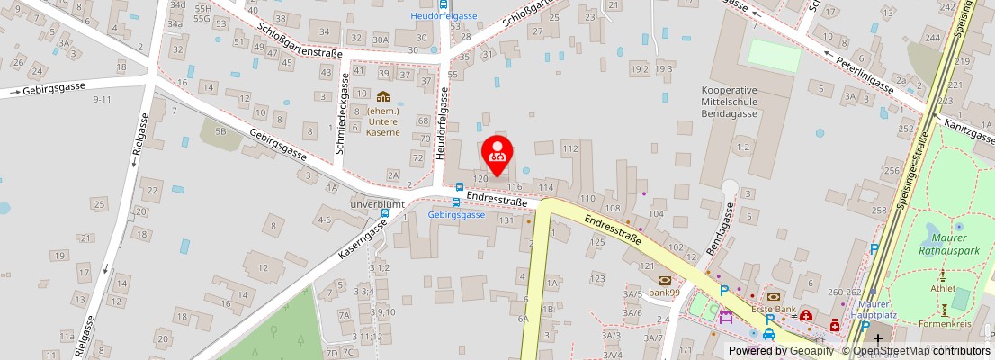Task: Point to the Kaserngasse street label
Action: click(363, 238)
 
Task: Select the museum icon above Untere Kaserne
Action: click(383, 96)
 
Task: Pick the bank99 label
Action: click(664, 292)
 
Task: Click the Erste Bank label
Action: click(774, 309)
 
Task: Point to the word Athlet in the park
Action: click(944, 288)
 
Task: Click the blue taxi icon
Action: click(769, 334)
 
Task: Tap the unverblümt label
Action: click(377, 204)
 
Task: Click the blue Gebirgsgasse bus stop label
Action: click(456, 215)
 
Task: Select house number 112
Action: click(569, 148)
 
